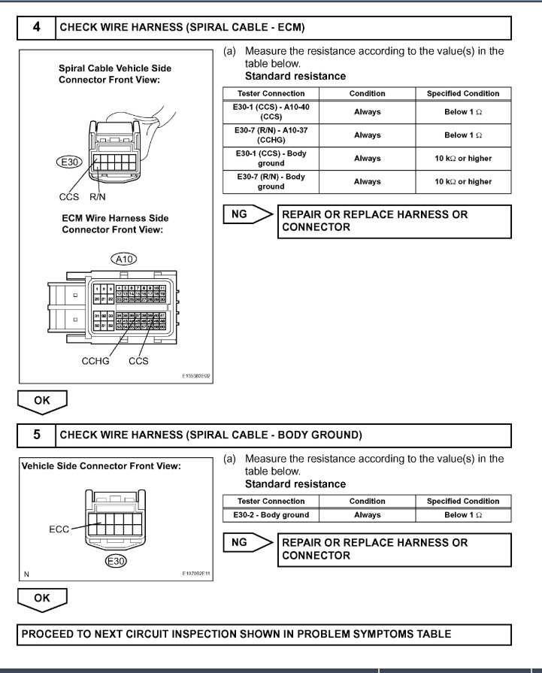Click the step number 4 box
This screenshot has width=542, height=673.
tap(37, 28)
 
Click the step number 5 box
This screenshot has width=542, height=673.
tap(37, 435)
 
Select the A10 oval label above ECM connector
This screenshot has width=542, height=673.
tap(124, 259)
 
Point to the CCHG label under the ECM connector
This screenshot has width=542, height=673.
tap(95, 361)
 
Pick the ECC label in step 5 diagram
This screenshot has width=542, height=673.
tap(59, 529)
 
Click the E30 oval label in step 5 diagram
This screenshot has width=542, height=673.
tap(115, 561)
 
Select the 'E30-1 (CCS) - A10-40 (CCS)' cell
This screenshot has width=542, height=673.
tap(271, 112)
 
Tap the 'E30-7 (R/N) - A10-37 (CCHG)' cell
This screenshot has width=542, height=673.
tap(271, 135)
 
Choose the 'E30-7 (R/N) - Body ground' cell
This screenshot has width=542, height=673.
tap(271, 181)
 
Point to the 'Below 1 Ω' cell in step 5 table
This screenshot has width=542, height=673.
tap(462, 515)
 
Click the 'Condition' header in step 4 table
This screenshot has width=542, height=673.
tap(367, 93)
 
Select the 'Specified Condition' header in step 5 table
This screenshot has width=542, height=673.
tap(462, 501)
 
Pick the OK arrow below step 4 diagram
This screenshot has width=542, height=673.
tap(42, 402)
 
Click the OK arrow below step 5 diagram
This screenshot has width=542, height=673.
tap(42, 599)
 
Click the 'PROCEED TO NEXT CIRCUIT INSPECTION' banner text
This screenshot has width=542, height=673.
tap(236, 634)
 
